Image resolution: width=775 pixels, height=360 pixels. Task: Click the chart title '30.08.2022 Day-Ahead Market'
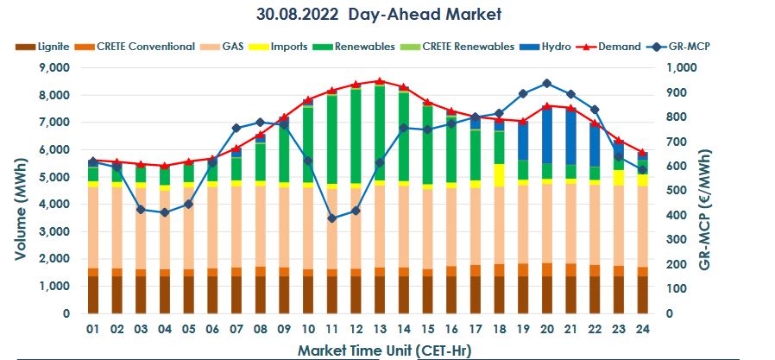379,15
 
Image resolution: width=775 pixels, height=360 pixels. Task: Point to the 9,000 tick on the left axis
54,67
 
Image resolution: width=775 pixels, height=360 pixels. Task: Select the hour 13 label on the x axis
378,329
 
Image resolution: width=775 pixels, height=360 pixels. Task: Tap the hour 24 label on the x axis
641,329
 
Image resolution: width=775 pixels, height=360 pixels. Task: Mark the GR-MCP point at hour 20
546,84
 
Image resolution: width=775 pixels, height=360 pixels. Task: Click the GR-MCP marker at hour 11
331,218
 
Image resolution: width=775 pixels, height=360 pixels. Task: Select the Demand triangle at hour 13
379,81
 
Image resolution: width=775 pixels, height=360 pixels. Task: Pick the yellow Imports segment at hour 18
499,175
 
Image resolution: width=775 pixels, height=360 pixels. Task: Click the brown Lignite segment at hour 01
92,294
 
